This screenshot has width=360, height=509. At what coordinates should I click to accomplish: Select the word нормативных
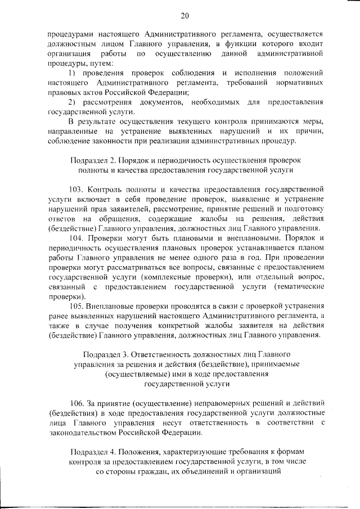[299, 83]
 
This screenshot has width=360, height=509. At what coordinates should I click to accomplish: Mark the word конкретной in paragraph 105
[176, 327]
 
